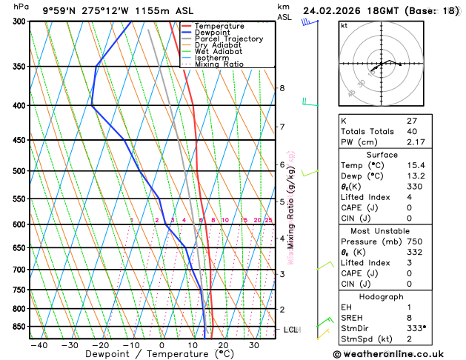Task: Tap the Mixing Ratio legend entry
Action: [219, 64]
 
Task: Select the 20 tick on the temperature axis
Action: [224, 345]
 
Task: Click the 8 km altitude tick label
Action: [282, 88]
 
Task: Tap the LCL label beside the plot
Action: [290, 329]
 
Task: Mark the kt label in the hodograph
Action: [344, 25]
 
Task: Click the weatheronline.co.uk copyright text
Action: [393, 353]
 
